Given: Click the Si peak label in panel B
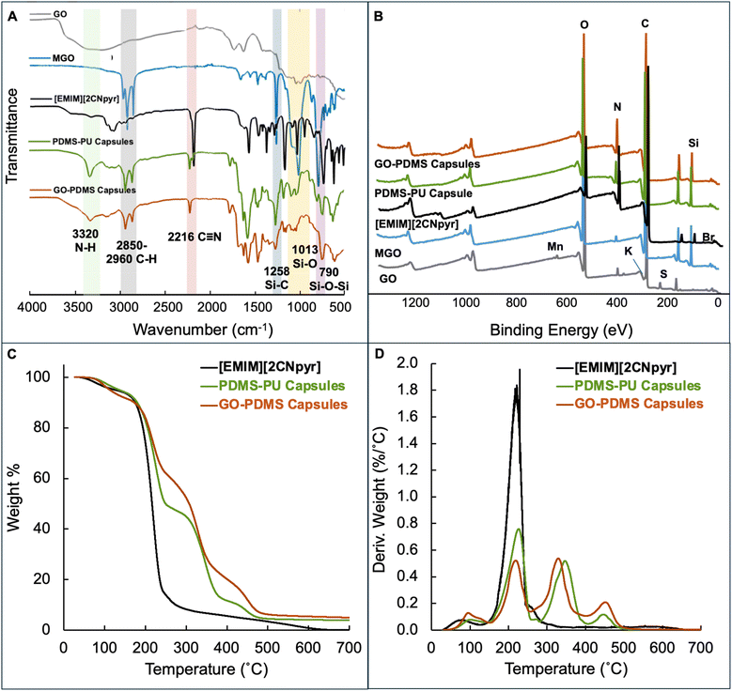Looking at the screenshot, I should coord(693,143).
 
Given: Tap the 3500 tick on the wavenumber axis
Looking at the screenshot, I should coord(77,306).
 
